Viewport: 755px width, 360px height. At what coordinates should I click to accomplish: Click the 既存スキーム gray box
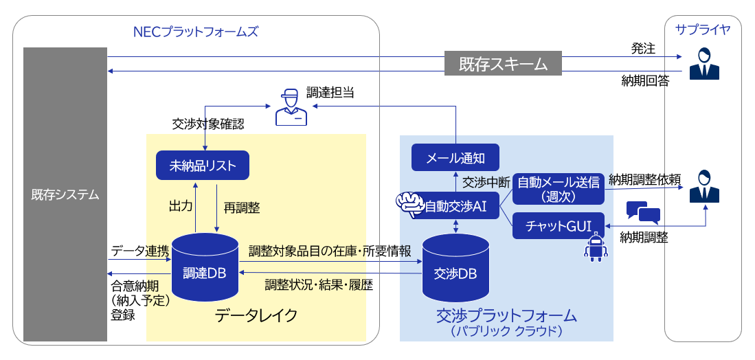(x=503, y=64)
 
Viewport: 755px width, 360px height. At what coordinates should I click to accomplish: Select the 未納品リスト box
(x=202, y=165)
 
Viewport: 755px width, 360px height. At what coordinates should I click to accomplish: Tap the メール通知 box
(x=455, y=158)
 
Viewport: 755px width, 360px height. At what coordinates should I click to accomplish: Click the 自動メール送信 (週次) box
(x=559, y=188)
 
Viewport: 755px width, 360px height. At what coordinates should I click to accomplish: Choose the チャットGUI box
(x=559, y=225)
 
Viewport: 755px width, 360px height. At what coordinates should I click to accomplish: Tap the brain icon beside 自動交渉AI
(x=409, y=203)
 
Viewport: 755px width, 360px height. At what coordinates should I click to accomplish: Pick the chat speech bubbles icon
(x=643, y=213)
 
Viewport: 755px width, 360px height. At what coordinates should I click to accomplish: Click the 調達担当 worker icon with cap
(x=291, y=107)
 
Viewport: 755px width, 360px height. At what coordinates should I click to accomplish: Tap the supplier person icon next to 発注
(x=703, y=63)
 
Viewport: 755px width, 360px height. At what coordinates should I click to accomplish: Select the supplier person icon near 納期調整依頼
(x=703, y=184)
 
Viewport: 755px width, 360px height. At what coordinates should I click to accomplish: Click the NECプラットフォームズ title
(x=196, y=32)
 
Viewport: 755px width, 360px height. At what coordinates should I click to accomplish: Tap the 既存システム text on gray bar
(x=65, y=194)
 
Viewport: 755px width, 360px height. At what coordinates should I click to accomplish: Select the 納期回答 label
(x=644, y=82)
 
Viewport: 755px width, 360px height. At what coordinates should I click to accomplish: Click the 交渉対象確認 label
(x=208, y=124)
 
